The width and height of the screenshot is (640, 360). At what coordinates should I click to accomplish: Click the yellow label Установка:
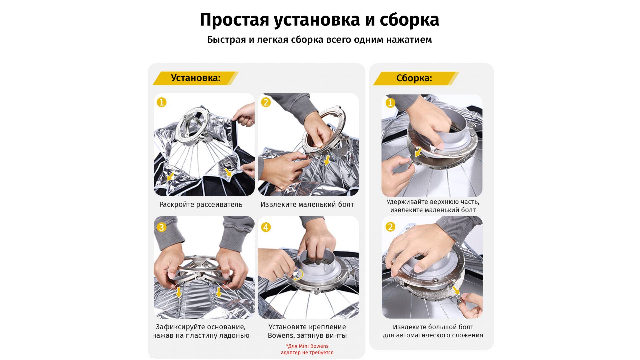[196, 78]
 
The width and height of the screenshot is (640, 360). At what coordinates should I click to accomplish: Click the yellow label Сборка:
[416, 78]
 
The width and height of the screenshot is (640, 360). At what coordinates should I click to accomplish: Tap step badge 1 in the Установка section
[162, 102]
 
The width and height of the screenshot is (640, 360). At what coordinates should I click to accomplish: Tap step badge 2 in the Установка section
[266, 102]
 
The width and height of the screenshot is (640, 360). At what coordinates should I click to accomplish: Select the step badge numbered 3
[162, 227]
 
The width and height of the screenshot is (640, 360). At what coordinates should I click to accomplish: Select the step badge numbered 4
[266, 227]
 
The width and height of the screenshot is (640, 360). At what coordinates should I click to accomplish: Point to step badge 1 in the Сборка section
[390, 103]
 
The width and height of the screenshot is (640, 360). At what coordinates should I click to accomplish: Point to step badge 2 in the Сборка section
[390, 227]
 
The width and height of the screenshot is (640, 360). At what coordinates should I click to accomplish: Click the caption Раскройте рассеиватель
[201, 205]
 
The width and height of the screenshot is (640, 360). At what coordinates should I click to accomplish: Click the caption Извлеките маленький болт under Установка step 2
[307, 205]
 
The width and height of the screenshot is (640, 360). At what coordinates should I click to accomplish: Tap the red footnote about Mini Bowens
[307, 349]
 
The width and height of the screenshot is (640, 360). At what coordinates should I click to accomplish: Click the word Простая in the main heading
[234, 20]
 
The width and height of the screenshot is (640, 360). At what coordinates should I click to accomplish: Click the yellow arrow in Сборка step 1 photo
[418, 153]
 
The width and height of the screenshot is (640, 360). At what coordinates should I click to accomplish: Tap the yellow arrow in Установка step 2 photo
[327, 160]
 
